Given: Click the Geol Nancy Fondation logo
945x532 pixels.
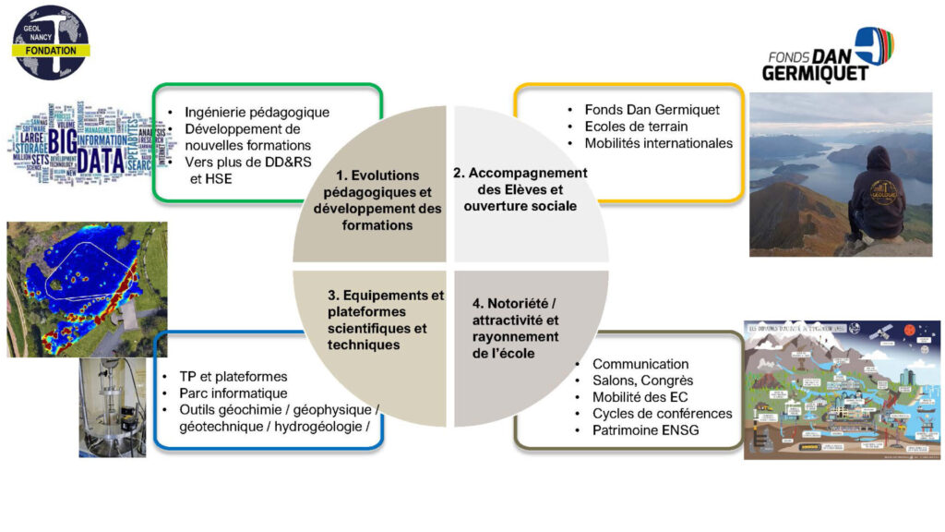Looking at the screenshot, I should pyautogui.click(x=50, y=42).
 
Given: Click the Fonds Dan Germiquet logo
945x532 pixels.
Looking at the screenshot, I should pyautogui.click(x=831, y=54).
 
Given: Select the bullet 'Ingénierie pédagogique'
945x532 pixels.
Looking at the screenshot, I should pyautogui.click(x=257, y=113).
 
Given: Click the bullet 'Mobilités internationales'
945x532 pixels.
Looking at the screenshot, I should pyautogui.click(x=658, y=143).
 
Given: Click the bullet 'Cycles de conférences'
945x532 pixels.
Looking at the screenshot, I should pyautogui.click(x=662, y=413).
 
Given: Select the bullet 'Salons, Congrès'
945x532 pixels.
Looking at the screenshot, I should pyautogui.click(x=642, y=381).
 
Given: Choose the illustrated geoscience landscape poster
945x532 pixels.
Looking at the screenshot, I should pyautogui.click(x=842, y=389).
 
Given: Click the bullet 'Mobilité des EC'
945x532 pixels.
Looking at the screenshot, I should pyautogui.click(x=641, y=397).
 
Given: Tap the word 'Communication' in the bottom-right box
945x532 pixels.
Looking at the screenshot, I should pyautogui.click(x=640, y=364).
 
